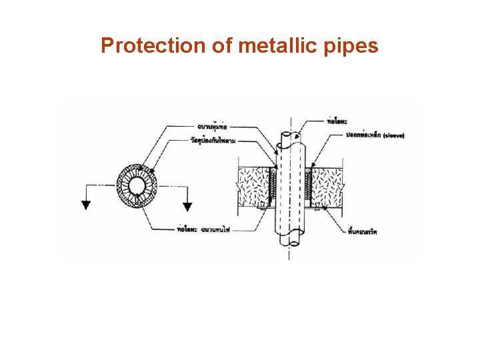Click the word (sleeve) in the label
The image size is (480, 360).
(x=393, y=135)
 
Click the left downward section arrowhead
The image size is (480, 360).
(x=86, y=205)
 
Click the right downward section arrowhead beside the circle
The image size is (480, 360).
(x=187, y=206)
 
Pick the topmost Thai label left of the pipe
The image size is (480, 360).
(x=214, y=125)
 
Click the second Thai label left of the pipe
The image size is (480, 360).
(x=214, y=139)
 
